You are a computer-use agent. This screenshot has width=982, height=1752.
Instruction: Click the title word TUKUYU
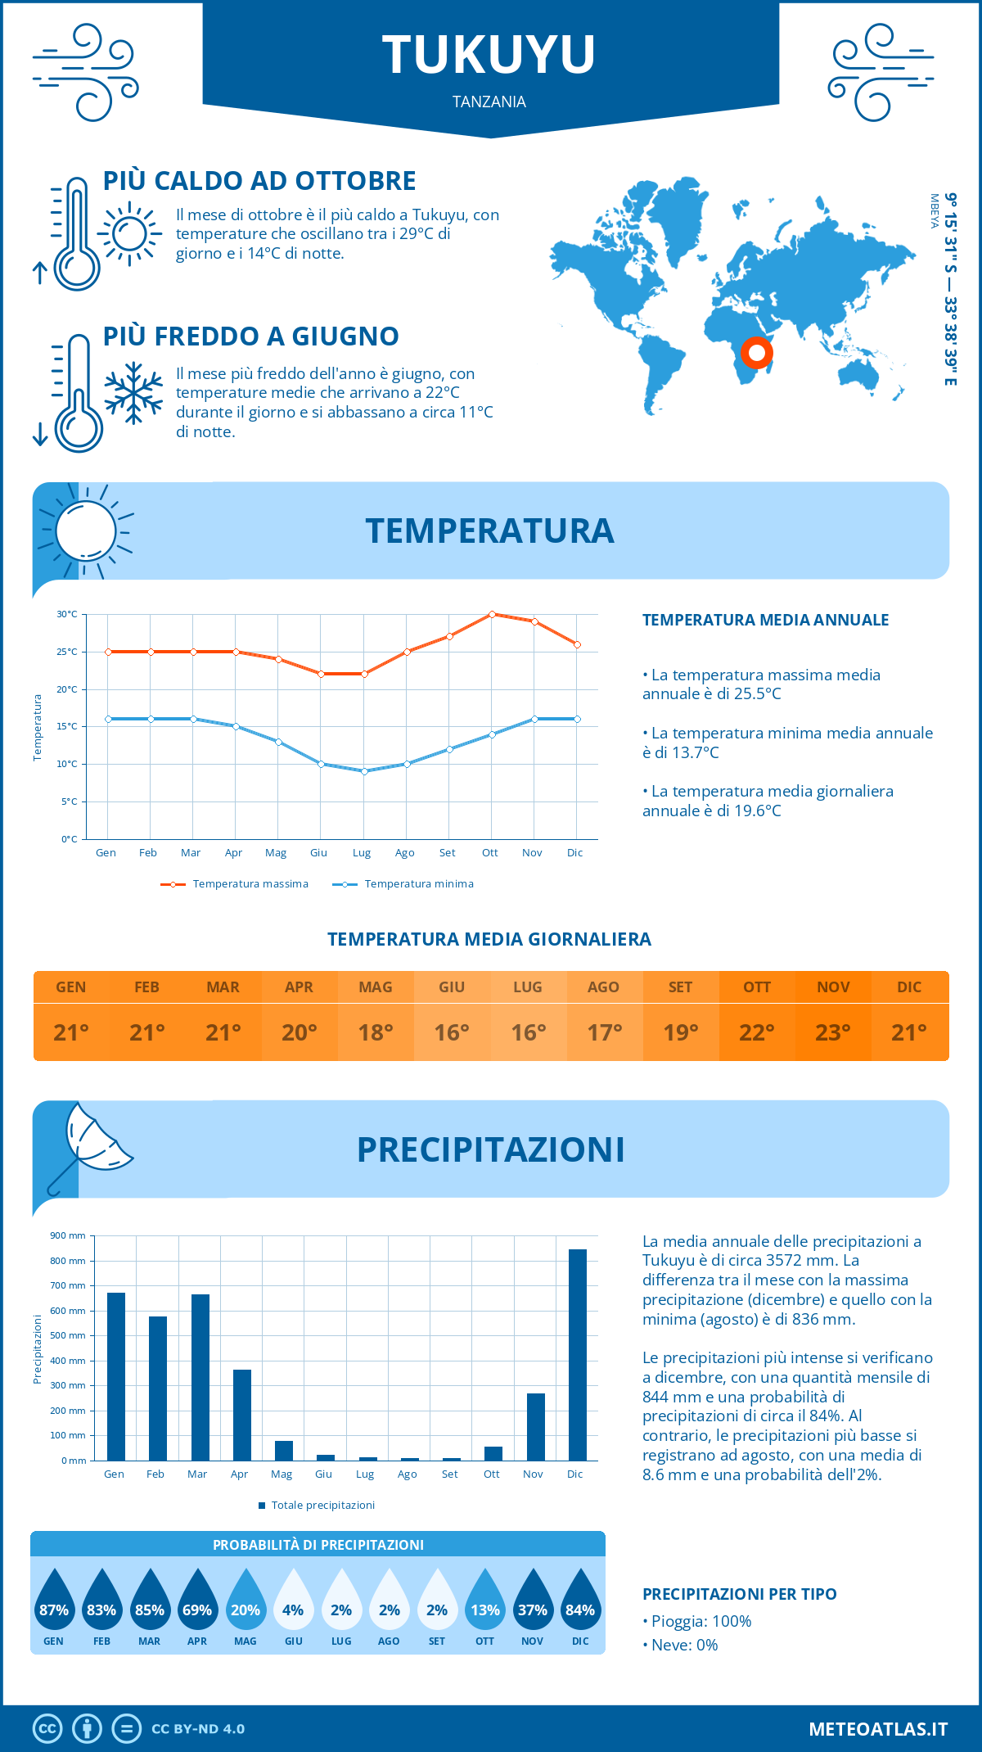[489, 55]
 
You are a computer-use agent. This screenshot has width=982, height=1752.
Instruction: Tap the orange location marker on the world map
[757, 353]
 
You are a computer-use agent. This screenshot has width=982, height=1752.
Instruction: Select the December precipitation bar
[578, 1354]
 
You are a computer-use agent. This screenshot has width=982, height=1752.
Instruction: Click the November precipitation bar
[536, 1426]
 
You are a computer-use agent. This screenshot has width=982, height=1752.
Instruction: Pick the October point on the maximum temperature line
[492, 614]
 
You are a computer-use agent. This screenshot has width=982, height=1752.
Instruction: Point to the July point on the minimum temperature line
[364, 771]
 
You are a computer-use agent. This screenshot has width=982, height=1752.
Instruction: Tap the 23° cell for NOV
[833, 1032]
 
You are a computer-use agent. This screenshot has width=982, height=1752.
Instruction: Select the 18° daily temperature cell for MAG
[376, 1032]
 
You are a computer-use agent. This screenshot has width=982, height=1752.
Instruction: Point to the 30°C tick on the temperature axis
[67, 614]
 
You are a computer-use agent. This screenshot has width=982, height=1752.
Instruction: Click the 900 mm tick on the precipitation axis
[68, 1235]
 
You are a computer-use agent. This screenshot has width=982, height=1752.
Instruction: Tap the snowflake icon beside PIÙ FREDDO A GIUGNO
[133, 393]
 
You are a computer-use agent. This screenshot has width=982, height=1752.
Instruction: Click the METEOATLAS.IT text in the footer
[878, 1729]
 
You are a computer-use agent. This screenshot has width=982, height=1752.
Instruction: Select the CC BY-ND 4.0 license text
[198, 1729]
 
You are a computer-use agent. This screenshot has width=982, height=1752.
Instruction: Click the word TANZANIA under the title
[489, 102]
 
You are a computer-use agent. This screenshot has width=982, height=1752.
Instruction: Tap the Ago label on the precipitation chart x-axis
[407, 1474]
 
